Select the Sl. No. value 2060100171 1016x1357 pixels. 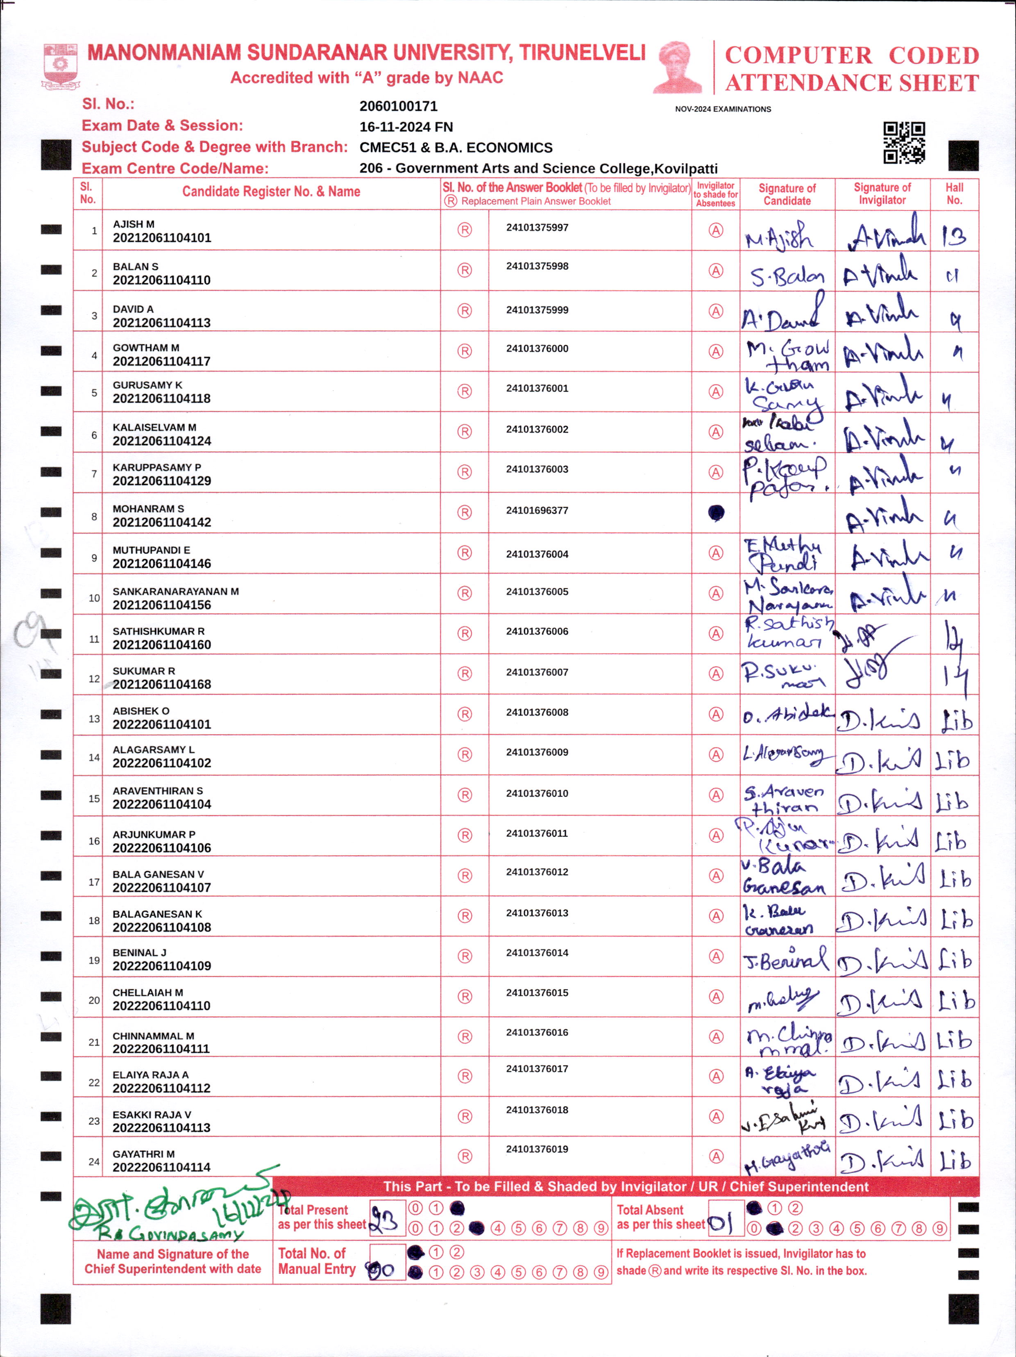[399, 106]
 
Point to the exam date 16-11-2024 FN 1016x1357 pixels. [406, 127]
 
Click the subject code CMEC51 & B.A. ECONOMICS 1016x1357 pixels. [456, 148]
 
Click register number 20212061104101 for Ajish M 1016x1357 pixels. [162, 238]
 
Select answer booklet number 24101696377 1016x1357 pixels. [537, 510]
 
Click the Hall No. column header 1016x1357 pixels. [954, 194]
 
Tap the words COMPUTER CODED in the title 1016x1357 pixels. [852, 55]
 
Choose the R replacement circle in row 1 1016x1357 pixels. [465, 230]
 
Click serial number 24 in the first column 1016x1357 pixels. [94, 1161]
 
